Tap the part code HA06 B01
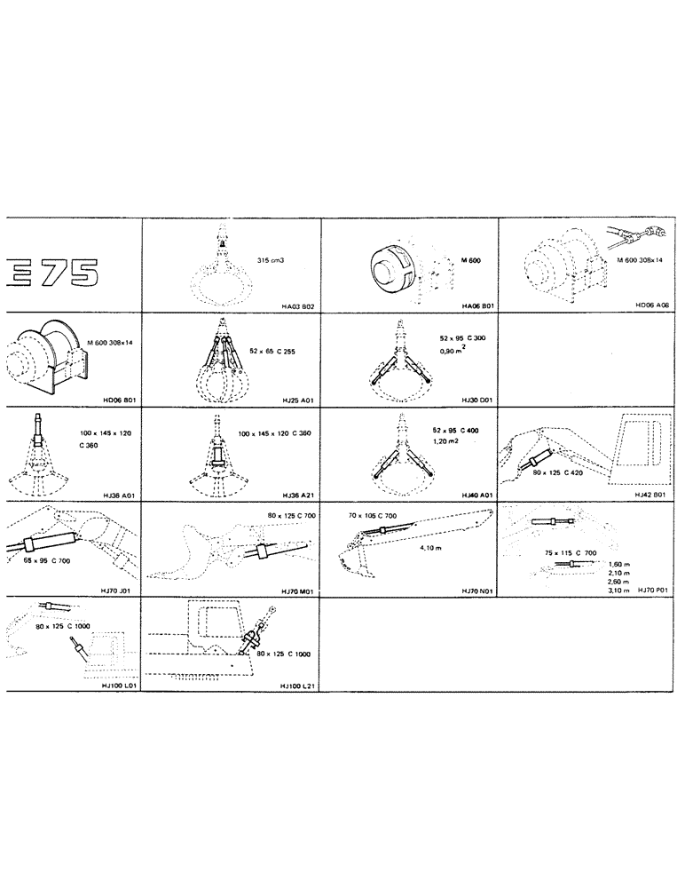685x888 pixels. (x=476, y=305)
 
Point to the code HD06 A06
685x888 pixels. (x=654, y=305)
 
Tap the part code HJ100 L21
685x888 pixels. (x=295, y=686)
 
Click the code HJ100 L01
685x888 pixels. (x=119, y=686)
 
